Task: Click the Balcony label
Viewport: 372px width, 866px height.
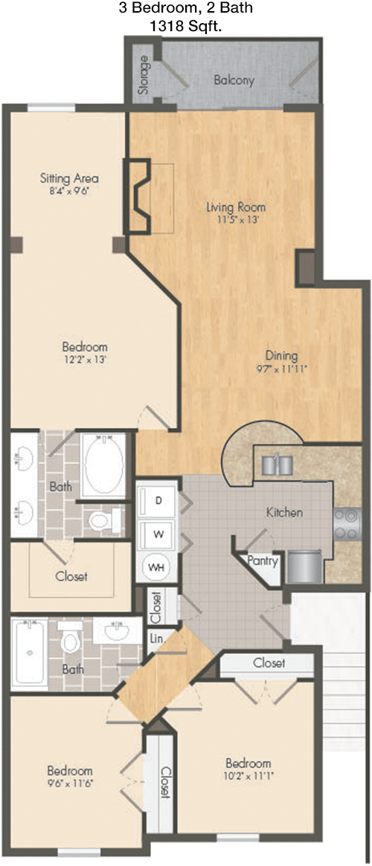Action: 234,80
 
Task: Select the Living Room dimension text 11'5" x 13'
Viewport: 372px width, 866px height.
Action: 236,219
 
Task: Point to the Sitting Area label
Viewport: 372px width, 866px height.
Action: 69,178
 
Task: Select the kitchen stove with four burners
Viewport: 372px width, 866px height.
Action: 347,523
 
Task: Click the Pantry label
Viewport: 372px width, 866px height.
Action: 262,560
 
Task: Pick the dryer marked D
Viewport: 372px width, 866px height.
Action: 158,501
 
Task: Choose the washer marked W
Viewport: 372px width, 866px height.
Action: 158,534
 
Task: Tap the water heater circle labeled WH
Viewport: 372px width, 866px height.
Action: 158,566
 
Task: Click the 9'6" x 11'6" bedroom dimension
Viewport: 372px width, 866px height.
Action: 69,783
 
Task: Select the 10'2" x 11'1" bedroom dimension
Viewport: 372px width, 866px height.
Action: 248,775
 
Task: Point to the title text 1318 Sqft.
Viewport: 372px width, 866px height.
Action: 186,25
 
